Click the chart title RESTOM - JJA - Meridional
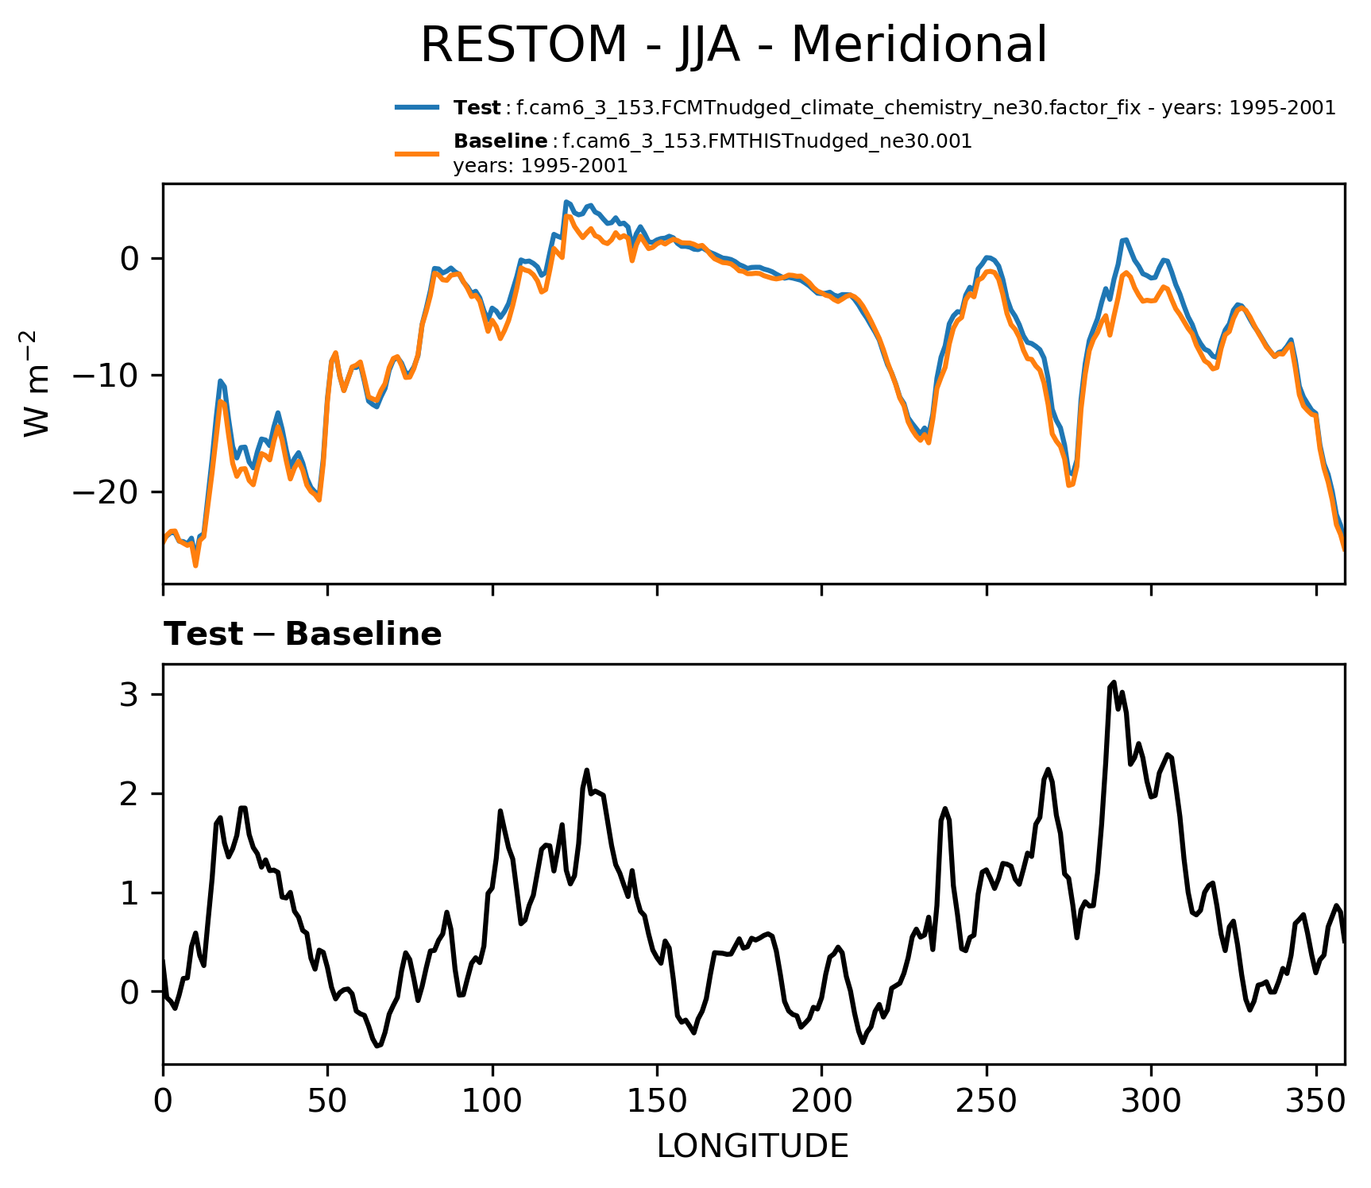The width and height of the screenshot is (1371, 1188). click(x=733, y=45)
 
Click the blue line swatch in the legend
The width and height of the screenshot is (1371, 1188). click(x=417, y=108)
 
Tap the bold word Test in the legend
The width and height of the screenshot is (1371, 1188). click(x=477, y=108)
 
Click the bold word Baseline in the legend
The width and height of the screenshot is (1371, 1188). click(x=500, y=141)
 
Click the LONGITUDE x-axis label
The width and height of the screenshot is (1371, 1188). click(x=752, y=1146)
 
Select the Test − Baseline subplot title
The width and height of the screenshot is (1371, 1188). click(x=303, y=634)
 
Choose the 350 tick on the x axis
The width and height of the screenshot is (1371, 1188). click(x=1316, y=1101)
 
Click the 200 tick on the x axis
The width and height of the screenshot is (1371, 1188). click(x=821, y=1101)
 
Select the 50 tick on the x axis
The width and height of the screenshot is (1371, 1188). click(x=327, y=1101)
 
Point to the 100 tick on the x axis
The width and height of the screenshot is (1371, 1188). click(x=492, y=1101)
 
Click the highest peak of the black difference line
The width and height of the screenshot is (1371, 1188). click(x=1114, y=682)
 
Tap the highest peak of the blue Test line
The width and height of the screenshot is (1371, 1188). click(x=566, y=202)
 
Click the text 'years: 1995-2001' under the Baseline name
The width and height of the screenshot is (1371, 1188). click(x=540, y=167)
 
